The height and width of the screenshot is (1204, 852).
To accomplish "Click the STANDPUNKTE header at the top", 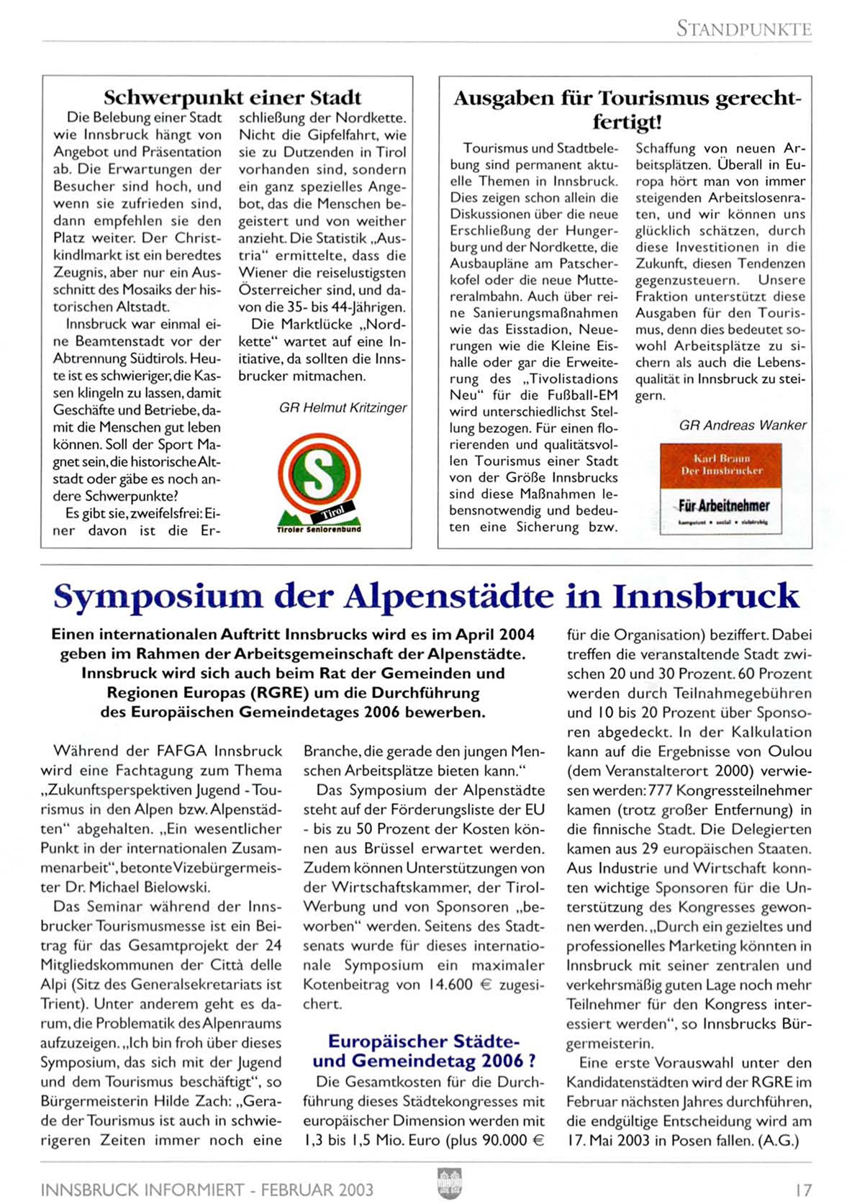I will (x=743, y=29).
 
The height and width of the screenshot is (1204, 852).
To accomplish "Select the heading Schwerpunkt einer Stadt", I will (x=232, y=97).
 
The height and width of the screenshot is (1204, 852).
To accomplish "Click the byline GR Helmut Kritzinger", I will (x=343, y=408).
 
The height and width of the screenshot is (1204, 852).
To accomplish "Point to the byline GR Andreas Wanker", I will (x=743, y=425).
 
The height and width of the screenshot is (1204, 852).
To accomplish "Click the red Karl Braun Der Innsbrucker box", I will (x=721, y=464).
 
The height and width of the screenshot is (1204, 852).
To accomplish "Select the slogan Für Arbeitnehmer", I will (x=723, y=505).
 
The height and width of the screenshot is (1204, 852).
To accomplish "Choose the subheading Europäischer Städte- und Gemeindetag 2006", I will (x=424, y=1051).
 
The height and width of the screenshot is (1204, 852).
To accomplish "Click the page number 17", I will (x=803, y=1190).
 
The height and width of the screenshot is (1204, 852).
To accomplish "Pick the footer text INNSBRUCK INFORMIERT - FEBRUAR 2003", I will (x=207, y=1190).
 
